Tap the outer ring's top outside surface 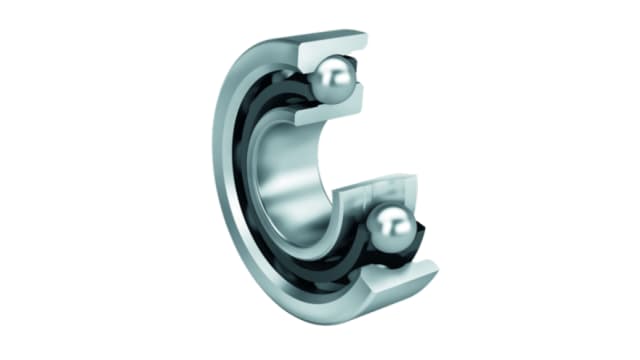click(300, 40)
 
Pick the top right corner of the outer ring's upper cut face click(366, 36)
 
